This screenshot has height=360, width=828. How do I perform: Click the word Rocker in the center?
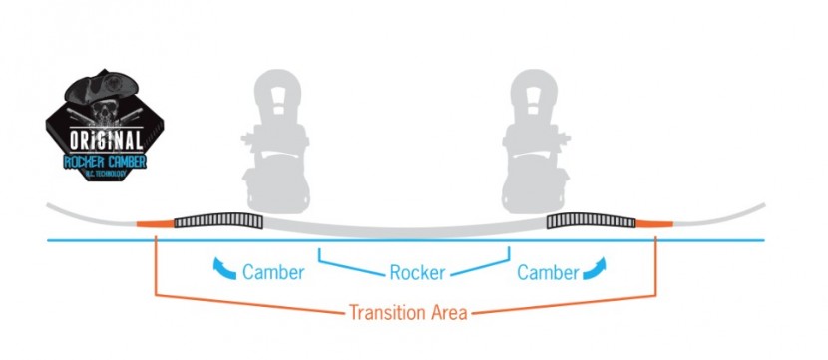point(416,272)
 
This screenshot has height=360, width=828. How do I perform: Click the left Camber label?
point(273,272)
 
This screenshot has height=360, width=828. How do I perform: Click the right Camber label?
point(546,272)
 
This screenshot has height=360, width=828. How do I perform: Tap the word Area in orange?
point(447,312)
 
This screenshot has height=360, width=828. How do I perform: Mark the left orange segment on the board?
point(155,222)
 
